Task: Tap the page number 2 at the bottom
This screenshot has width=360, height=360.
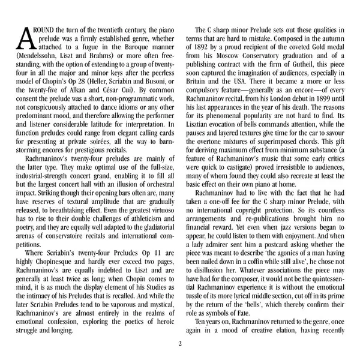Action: pos(179,344)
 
